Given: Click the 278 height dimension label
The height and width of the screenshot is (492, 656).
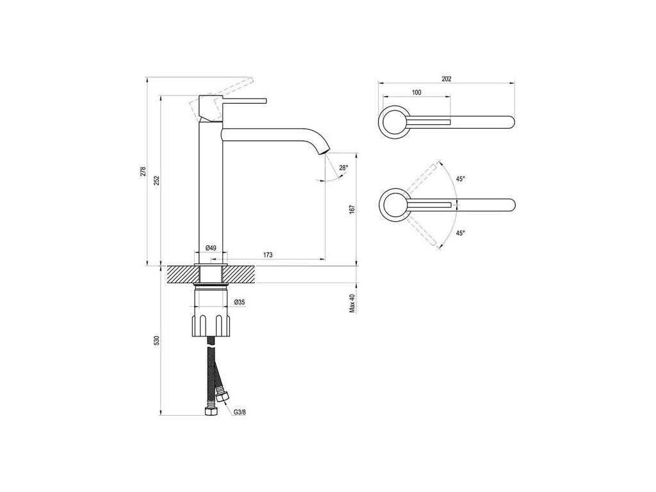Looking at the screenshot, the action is click(x=144, y=172).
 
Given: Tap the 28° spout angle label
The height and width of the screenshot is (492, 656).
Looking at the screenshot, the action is click(x=343, y=168).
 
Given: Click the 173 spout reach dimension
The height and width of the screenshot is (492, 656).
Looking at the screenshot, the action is click(x=268, y=256).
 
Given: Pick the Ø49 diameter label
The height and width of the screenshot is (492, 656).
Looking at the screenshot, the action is click(x=210, y=248).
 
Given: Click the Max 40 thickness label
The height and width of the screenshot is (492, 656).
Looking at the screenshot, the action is click(x=352, y=304).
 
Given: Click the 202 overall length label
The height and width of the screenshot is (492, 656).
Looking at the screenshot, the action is click(x=447, y=79).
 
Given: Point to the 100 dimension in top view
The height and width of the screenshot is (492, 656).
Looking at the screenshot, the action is click(x=416, y=93).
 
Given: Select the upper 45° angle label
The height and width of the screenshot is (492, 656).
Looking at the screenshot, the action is click(x=460, y=179).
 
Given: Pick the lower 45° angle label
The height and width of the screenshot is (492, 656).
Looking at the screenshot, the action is click(x=460, y=234).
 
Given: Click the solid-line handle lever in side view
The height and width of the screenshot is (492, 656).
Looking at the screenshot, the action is click(x=243, y=101).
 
